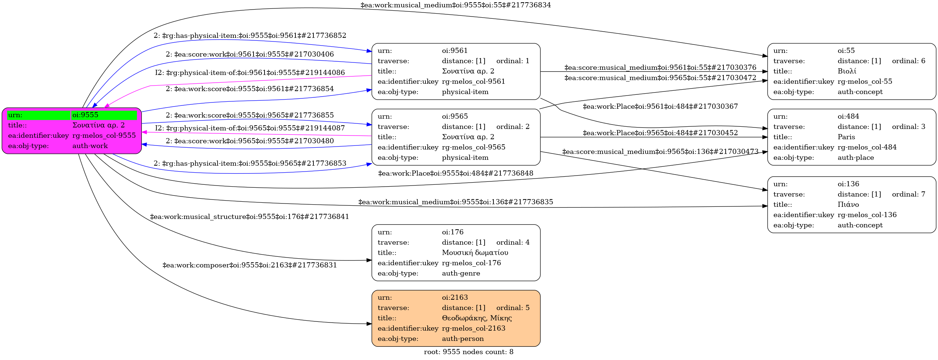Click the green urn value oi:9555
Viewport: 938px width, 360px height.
[85, 115]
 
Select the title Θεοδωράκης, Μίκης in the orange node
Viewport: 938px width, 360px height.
[477, 318]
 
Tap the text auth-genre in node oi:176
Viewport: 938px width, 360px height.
[461, 273]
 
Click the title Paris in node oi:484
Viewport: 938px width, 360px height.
[847, 137]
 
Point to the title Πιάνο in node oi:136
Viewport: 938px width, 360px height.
[848, 205]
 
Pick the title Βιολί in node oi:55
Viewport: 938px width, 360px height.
[847, 71]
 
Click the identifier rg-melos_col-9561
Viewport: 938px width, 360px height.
[474, 82]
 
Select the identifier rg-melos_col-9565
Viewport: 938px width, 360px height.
[474, 147]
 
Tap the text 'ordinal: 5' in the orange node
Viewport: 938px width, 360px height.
[513, 308]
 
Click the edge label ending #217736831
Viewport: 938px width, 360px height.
[250, 265]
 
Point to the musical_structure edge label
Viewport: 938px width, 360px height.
[249, 217]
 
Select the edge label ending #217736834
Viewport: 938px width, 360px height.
[456, 5]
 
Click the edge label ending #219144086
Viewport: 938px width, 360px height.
[250, 73]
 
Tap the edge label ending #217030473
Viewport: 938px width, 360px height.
[660, 152]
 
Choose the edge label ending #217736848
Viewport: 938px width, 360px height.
[456, 173]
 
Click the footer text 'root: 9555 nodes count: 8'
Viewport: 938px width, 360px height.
[468, 352]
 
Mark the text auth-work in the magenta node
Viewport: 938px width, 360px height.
[90, 146]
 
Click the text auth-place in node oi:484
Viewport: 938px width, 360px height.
[856, 158]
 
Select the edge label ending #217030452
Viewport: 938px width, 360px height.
[660, 133]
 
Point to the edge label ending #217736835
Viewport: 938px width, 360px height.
[456, 202]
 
